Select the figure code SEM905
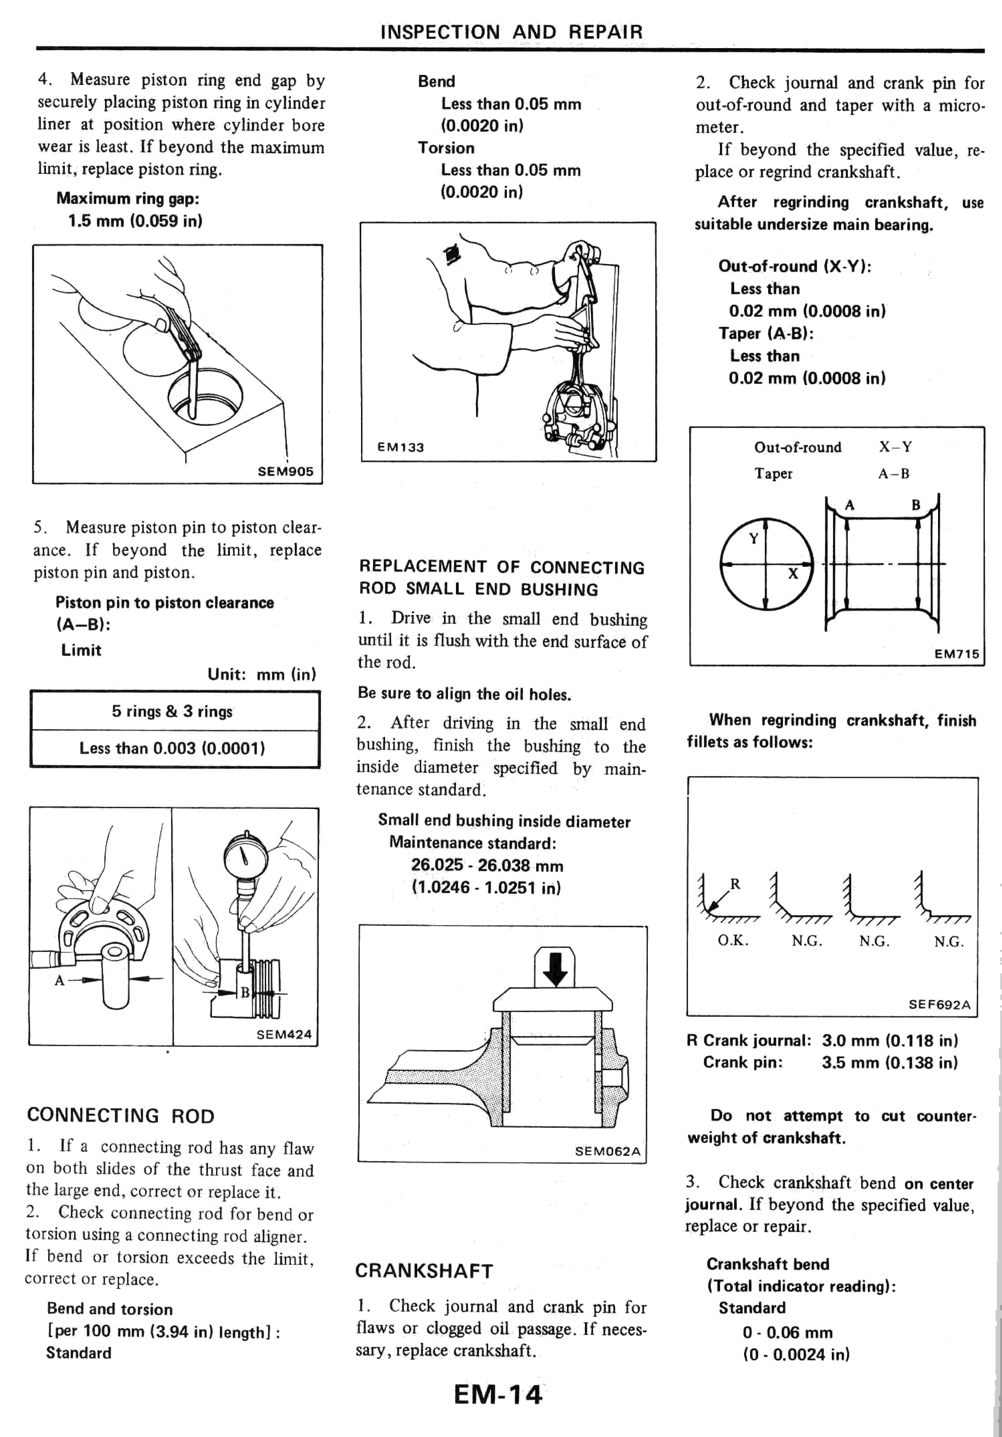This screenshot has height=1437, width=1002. click(x=285, y=471)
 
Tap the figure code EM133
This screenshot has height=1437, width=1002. click(x=401, y=447)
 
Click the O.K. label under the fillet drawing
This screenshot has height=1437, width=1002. click(x=733, y=941)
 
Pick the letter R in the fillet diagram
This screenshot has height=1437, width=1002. click(x=736, y=884)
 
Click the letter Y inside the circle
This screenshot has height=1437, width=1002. click(x=754, y=538)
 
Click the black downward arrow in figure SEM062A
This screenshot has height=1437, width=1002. click(x=555, y=968)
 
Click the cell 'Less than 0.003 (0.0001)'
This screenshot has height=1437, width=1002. click(x=172, y=748)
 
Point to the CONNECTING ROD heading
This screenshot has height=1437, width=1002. click(x=121, y=1115)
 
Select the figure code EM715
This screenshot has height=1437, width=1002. click(x=956, y=654)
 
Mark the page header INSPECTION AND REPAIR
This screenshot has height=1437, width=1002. click(x=511, y=31)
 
